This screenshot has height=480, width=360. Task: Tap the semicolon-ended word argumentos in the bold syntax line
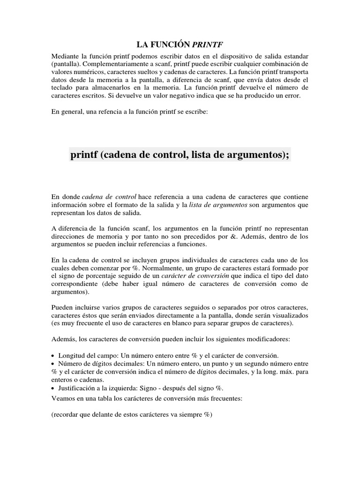[x=255, y=155]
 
